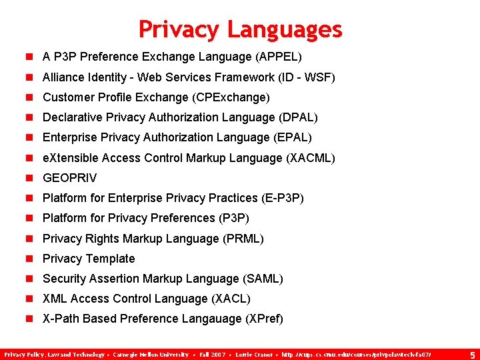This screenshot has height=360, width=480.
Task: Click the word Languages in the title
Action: (x=284, y=29)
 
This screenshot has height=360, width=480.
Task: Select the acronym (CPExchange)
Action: (x=231, y=97)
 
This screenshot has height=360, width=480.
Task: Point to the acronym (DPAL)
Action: (x=297, y=117)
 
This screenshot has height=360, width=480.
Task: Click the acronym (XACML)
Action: (x=310, y=158)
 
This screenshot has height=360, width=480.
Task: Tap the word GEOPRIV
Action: (x=69, y=178)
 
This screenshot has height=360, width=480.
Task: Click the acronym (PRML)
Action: (x=242, y=238)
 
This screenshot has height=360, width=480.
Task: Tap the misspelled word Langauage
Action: (x=209, y=319)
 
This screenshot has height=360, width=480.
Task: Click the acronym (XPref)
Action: (x=265, y=319)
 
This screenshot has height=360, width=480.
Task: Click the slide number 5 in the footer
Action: (x=472, y=354)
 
